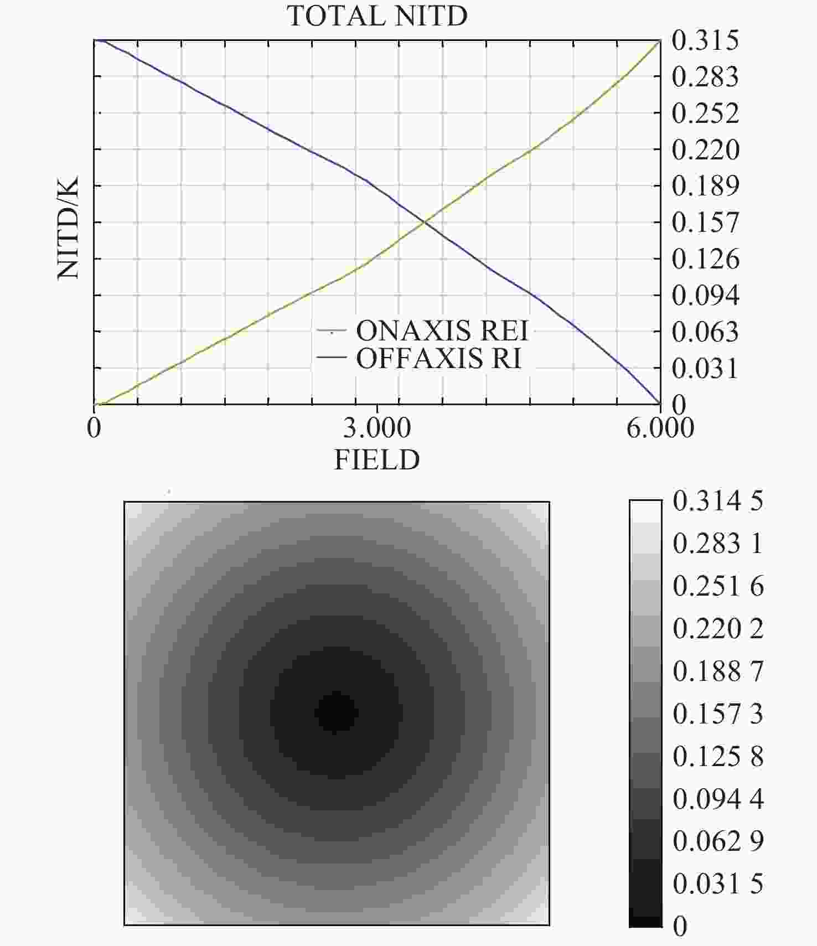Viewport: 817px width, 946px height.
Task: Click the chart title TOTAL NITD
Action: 377,15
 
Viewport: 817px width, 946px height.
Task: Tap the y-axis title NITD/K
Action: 68,228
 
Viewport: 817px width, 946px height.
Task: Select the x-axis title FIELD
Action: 377,459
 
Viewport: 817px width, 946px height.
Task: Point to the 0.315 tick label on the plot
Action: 705,40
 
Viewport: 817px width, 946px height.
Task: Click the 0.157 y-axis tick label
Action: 705,223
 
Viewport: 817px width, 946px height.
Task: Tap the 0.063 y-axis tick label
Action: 705,332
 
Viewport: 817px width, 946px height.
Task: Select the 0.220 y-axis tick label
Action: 705,149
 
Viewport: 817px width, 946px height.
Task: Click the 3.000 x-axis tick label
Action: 377,428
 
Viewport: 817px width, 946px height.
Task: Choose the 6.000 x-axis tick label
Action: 660,428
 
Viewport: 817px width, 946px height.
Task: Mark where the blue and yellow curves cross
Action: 425,222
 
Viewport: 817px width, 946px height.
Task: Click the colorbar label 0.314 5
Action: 718,501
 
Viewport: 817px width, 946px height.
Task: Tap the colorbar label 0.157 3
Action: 718,714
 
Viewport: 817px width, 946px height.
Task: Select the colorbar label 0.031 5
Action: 718,883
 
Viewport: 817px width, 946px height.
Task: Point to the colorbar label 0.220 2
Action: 718,629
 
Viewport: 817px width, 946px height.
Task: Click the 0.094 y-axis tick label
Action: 705,296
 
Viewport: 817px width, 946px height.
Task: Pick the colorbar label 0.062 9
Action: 718,841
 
